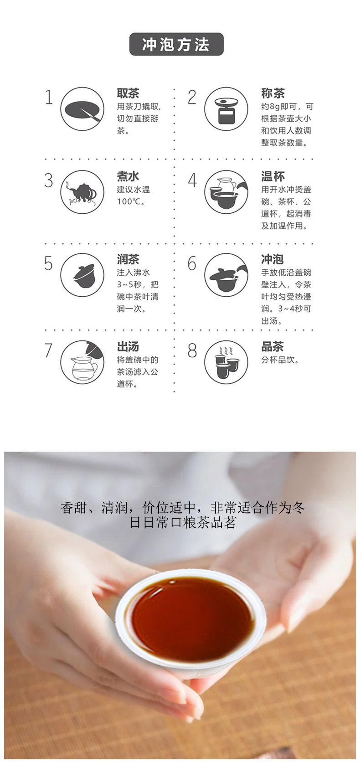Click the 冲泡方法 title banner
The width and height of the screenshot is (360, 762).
(176, 44)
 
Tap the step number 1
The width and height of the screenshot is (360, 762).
(49, 97)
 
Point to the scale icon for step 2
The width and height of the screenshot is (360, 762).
(226, 109)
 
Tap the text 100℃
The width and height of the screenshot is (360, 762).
(131, 201)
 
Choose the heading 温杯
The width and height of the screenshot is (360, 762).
(273, 176)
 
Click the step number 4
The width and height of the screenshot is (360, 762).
(192, 180)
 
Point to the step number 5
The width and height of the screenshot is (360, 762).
(49, 263)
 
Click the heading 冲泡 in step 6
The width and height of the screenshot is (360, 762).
(273, 259)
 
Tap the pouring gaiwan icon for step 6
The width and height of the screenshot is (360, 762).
(226, 275)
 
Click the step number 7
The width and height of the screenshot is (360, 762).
(49, 350)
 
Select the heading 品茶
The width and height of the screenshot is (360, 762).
(273, 346)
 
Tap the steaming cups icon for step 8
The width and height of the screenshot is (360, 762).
(226, 362)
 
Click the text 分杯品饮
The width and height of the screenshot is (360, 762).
(280, 360)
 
